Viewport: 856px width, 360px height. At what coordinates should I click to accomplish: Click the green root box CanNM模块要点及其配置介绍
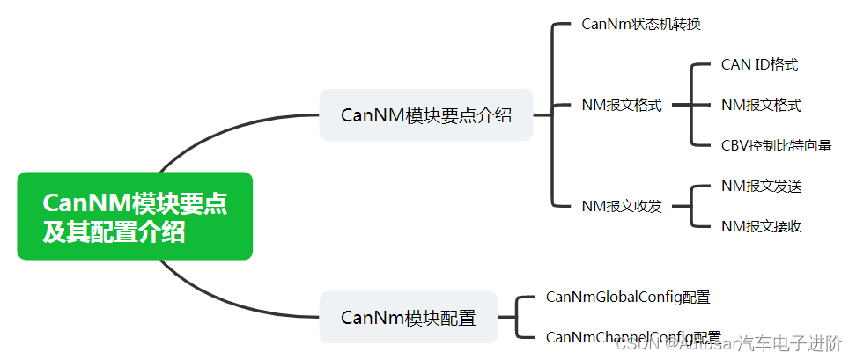135,217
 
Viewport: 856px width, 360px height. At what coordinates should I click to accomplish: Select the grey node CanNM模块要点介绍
426,114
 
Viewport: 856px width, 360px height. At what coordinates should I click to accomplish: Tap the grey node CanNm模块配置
408,317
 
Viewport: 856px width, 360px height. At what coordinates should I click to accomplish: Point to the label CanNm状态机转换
641,24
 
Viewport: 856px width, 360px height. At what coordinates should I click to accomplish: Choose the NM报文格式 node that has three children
621,105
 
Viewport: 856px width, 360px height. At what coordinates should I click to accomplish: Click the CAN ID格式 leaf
759,64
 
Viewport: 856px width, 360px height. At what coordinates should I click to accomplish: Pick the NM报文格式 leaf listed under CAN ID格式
761,105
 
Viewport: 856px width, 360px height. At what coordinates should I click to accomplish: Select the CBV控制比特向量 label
776,145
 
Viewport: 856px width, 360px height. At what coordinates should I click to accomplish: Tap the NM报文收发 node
621,206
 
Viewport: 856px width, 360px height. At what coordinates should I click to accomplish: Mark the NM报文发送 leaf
761,186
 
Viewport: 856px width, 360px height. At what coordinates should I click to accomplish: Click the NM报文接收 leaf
761,226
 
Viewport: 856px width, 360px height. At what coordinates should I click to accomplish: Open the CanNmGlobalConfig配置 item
628,297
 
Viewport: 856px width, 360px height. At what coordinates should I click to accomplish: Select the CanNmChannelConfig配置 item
633,337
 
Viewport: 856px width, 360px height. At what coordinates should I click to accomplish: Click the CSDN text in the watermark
631,346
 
